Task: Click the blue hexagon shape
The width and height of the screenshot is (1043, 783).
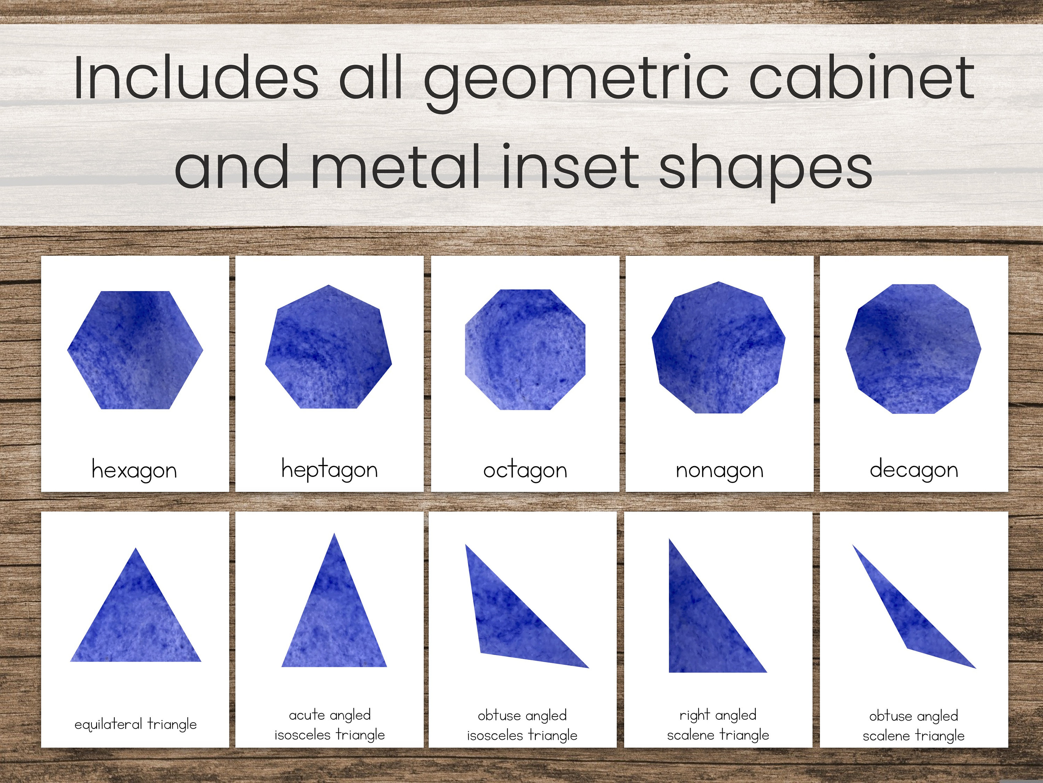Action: tap(135, 350)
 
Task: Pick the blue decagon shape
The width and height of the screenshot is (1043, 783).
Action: tap(913, 349)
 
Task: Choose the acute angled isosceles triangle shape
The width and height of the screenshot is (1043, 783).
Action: tap(334, 618)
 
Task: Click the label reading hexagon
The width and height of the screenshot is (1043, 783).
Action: tap(135, 470)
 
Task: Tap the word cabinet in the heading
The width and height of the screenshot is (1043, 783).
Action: tap(861, 78)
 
